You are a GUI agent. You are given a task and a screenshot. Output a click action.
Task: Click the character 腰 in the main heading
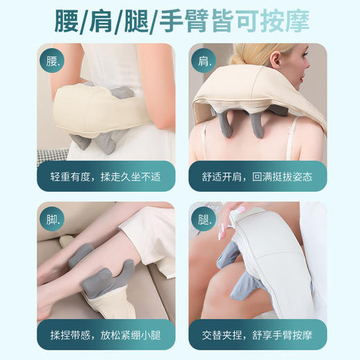(71, 22)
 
